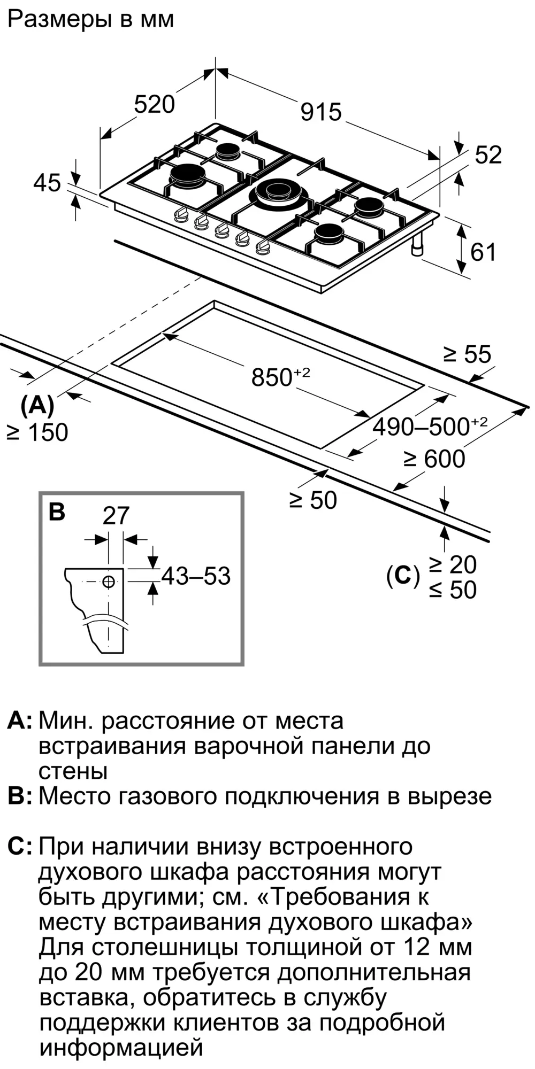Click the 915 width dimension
pyautogui.click(x=321, y=112)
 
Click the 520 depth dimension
pyautogui.click(x=154, y=104)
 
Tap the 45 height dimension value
pyautogui.click(x=47, y=183)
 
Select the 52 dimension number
pyautogui.click(x=488, y=155)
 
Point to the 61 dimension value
pyautogui.click(x=483, y=252)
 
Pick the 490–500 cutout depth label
pyautogui.click(x=430, y=426)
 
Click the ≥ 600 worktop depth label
pyautogui.click(x=434, y=459)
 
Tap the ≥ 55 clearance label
pyautogui.click(x=467, y=354)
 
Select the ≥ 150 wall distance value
pyautogui.click(x=37, y=432)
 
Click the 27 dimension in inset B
pyautogui.click(x=116, y=516)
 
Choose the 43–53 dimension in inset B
pyautogui.click(x=196, y=576)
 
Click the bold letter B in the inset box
pyautogui.click(x=57, y=512)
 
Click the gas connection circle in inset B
pyautogui.click(x=109, y=582)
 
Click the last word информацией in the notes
pyautogui.click(x=121, y=1048)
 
